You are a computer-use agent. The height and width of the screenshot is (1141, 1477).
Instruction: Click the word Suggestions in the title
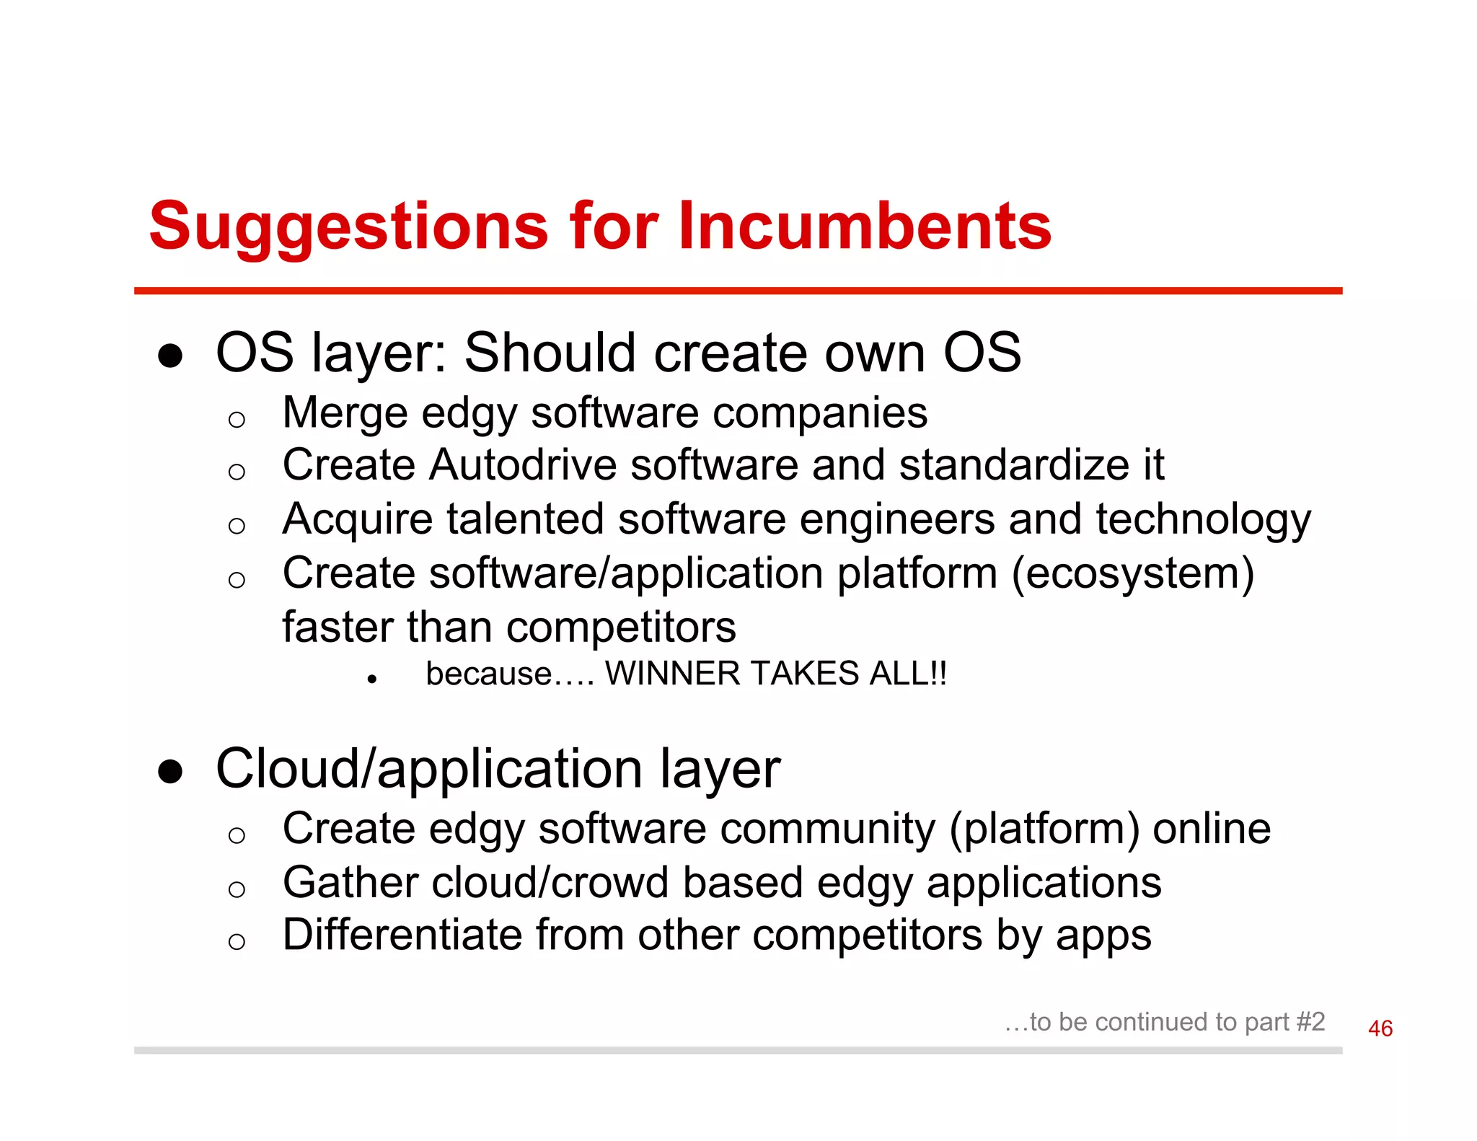point(348,227)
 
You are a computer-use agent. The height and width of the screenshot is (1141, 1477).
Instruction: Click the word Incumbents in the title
point(864,226)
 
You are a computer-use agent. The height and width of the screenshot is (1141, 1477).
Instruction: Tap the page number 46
point(1380,1028)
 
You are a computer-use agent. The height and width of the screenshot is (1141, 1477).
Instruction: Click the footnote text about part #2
point(1165,1022)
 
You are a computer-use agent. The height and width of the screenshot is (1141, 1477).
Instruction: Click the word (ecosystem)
point(1133,574)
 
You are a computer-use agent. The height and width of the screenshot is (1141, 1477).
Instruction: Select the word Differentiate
point(402,935)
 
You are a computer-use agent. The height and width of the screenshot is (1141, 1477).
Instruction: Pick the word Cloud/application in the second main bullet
point(429,769)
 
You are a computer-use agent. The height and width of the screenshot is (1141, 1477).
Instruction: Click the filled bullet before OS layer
point(170,356)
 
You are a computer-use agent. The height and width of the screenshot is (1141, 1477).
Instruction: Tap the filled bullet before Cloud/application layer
point(170,772)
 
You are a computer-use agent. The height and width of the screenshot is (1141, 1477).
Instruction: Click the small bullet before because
point(372,679)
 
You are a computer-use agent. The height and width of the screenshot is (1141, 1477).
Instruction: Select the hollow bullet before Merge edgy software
point(237,419)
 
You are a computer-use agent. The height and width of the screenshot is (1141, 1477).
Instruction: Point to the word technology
point(1203,519)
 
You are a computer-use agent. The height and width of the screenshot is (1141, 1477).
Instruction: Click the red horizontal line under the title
point(737,291)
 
